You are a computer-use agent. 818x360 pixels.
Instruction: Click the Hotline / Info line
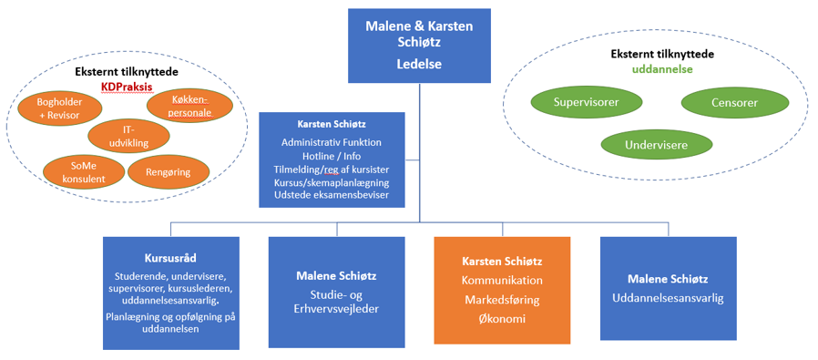coord(332,156)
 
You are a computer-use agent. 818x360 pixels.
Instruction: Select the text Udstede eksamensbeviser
coord(332,195)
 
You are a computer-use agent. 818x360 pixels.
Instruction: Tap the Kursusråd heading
coord(171,259)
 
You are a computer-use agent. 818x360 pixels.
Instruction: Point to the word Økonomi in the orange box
coord(502,319)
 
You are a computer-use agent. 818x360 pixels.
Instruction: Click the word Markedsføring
coord(502,300)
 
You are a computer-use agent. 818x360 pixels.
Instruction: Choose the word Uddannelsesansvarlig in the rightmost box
coord(669,298)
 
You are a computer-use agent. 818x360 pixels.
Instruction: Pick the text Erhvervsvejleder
coord(336,309)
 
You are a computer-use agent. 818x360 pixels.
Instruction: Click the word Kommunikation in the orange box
coord(502,280)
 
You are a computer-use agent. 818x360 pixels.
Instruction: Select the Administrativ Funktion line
coord(332,142)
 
